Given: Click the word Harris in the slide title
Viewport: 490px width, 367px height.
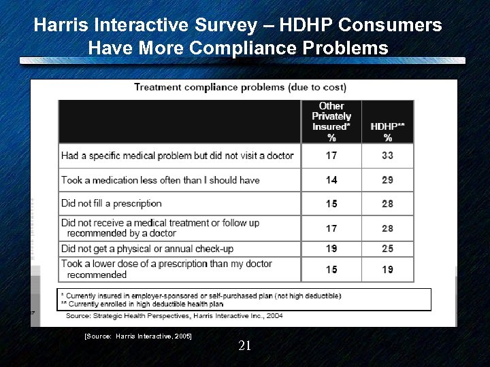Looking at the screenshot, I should point(58,26).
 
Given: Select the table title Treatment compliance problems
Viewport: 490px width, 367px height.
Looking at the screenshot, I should point(240,87).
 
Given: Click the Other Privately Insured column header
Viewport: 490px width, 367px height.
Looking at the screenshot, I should point(331,122).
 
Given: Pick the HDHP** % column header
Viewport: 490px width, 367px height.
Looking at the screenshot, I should point(387,131).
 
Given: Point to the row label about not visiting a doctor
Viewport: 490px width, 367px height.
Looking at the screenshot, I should point(178,156).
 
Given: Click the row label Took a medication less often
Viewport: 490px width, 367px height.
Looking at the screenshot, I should point(161,180).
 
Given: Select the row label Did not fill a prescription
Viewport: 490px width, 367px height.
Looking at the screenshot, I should point(112,203).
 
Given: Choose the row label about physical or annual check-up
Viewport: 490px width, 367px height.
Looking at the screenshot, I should point(156,249).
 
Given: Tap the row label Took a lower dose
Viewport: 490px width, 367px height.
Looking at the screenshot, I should point(167,268).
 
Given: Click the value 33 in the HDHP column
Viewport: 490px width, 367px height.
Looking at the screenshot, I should point(387,156).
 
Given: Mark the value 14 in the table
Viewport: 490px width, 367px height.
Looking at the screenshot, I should point(331,180).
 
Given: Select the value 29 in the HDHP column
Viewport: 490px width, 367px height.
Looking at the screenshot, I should point(387,180).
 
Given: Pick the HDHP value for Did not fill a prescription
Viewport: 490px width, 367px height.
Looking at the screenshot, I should point(387,204).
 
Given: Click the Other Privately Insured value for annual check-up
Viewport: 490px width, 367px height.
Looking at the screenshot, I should point(331,249).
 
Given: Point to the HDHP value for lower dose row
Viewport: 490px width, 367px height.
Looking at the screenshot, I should point(387,269).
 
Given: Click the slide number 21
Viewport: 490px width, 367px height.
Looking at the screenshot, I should point(245,346).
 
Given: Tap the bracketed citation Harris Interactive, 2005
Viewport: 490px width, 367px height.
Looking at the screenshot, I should point(137,336).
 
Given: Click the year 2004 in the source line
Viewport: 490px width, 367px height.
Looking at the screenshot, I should point(274,315).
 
